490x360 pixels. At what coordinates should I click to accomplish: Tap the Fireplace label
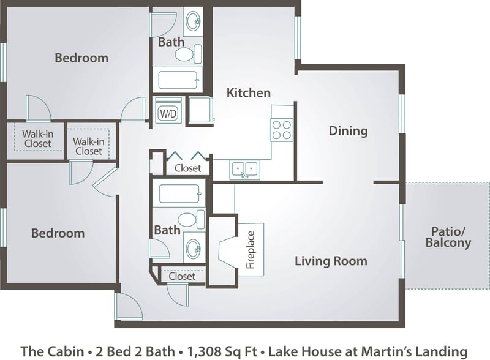(x=250, y=250)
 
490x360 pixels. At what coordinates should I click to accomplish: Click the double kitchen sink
(x=244, y=170)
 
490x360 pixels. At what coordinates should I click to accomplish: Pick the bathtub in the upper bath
(x=178, y=80)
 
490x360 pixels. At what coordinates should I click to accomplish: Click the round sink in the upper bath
(x=193, y=21)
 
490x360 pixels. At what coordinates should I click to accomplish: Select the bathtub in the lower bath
(x=178, y=194)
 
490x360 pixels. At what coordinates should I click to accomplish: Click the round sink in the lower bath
(x=193, y=249)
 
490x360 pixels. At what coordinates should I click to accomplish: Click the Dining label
(x=348, y=130)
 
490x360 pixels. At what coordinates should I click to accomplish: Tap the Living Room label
(x=331, y=261)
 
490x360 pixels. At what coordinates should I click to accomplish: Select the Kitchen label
(x=248, y=93)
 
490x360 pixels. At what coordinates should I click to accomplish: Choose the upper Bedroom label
(x=81, y=58)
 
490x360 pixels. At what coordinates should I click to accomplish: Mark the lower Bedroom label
(x=58, y=233)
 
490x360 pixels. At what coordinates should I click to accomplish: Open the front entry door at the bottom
(x=129, y=307)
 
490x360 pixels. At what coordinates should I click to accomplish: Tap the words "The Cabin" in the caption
(x=51, y=351)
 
